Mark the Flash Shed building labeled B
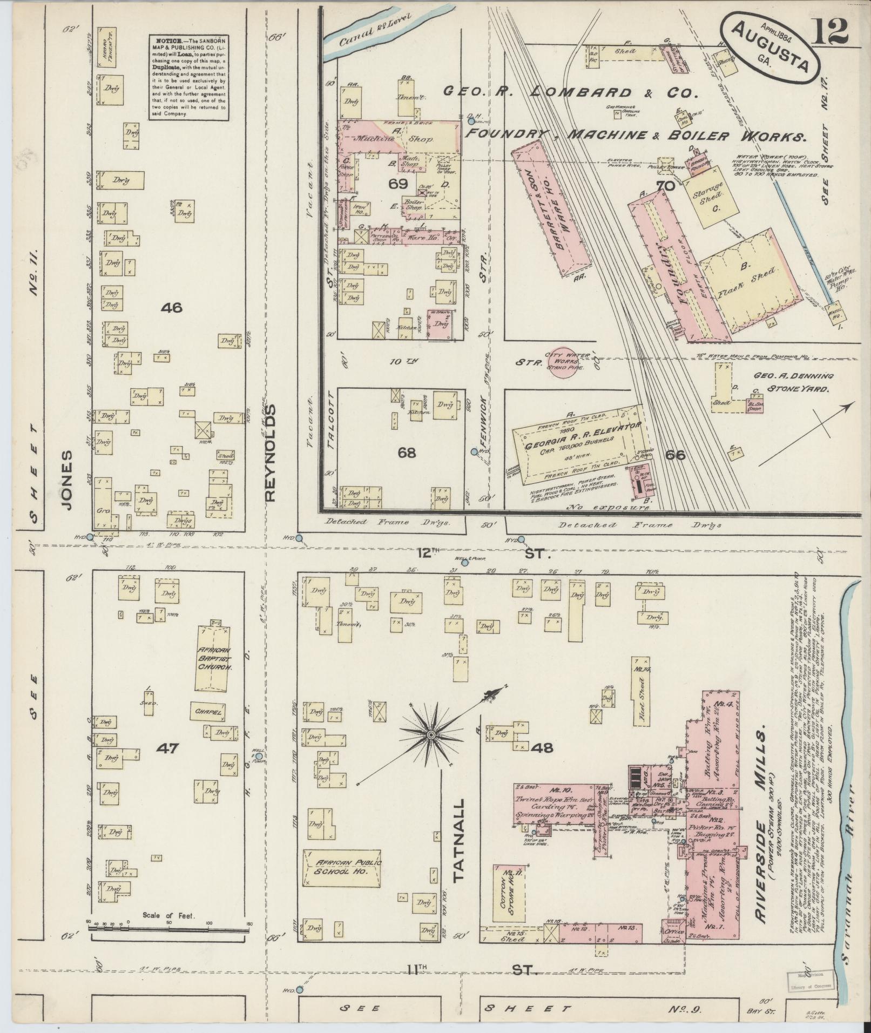pos(751,281)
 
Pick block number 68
pos(407,453)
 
